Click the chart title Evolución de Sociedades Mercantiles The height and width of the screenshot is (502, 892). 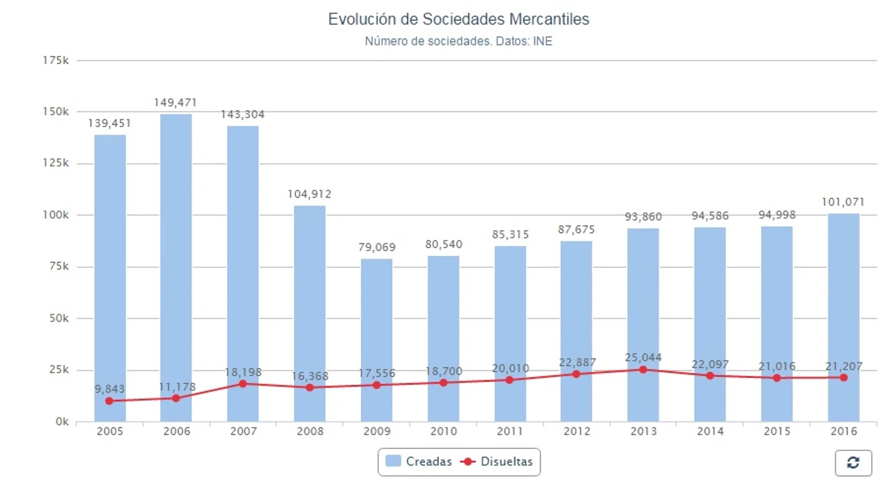click(459, 19)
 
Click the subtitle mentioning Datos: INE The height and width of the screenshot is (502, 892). click(459, 41)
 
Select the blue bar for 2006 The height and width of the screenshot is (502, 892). click(176, 265)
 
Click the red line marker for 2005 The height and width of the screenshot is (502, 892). click(109, 401)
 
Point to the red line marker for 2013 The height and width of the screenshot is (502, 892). click(643, 370)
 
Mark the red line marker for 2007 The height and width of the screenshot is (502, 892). click(243, 383)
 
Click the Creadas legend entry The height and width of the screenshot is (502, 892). click(419, 462)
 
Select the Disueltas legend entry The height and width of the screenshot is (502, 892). click(498, 462)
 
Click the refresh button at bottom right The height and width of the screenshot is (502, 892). click(853, 463)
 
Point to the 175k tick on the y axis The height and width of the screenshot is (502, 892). click(56, 61)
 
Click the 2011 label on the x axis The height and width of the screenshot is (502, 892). click(510, 432)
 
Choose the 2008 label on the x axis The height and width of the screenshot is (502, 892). click(310, 432)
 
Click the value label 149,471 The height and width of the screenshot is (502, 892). click(176, 103)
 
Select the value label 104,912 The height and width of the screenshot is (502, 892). click(309, 195)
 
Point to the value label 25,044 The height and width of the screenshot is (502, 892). click(643, 358)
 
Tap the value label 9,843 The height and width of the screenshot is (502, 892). click(109, 389)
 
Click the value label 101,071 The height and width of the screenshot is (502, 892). click(843, 202)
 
